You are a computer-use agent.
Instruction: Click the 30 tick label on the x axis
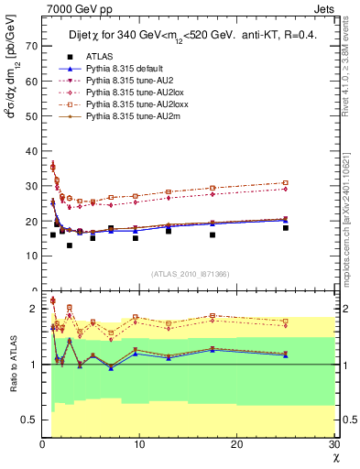(x=334, y=444)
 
